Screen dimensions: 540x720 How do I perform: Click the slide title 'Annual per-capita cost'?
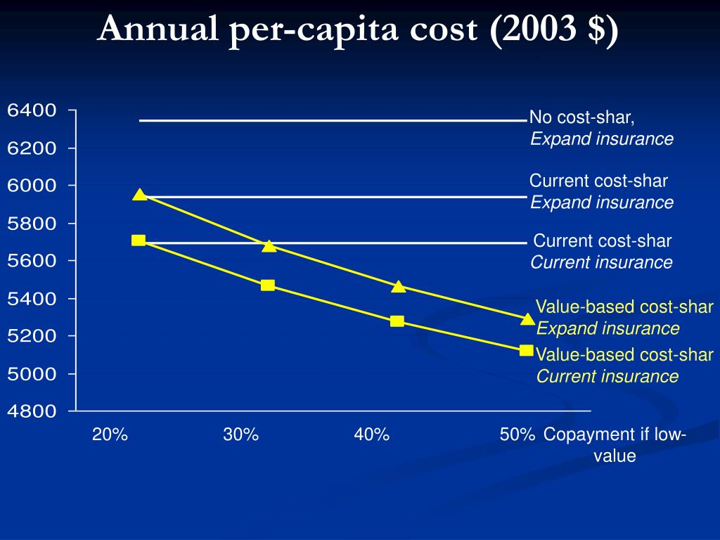point(359,30)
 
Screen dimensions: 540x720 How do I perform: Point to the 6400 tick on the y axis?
point(32,111)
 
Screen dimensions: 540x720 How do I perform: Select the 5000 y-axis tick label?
point(32,373)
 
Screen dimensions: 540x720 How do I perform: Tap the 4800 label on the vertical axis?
point(32,411)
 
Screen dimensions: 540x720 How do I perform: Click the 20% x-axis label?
point(110,435)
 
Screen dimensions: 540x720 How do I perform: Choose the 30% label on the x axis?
point(241,435)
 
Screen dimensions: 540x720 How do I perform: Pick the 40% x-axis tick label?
point(372,435)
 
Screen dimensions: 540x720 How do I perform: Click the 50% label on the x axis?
point(517,435)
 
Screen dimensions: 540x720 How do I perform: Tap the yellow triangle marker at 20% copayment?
point(140,195)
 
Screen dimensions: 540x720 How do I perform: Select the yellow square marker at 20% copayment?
point(139,240)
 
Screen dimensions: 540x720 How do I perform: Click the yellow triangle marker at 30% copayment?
point(269,246)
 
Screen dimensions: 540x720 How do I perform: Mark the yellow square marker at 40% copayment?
point(397,321)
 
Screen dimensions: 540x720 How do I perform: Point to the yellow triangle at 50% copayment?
point(528,319)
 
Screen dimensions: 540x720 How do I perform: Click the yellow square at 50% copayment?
point(526,350)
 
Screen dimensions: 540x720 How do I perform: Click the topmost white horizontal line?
point(330,121)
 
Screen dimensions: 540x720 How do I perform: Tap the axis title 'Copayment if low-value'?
point(615,445)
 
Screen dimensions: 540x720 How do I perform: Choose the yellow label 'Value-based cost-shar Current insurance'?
point(624,366)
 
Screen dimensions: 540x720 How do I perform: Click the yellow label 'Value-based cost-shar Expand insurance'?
point(624,318)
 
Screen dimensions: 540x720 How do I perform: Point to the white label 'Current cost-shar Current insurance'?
point(602,252)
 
